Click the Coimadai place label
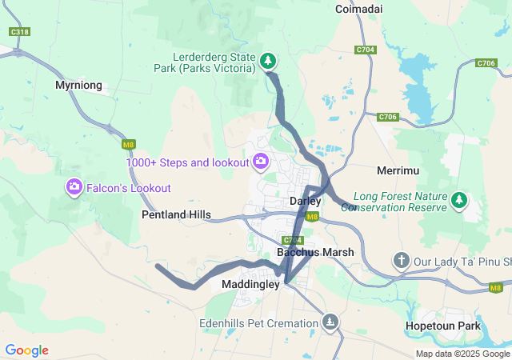(x=359, y=9)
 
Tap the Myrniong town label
(x=78, y=84)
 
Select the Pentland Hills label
(x=176, y=215)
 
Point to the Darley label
(x=305, y=202)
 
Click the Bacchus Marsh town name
(x=315, y=252)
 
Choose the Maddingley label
(x=250, y=284)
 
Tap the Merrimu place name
(x=394, y=171)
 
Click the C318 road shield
(x=20, y=32)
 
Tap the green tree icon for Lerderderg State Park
(x=268, y=60)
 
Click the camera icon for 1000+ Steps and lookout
(x=261, y=162)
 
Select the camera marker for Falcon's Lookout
(x=74, y=187)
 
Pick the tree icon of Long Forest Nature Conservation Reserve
(x=459, y=200)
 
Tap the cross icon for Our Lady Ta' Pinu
(x=401, y=261)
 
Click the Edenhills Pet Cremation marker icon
(x=330, y=322)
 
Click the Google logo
(x=26, y=350)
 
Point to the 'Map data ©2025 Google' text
(x=462, y=354)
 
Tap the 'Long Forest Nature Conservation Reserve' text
(x=399, y=201)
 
